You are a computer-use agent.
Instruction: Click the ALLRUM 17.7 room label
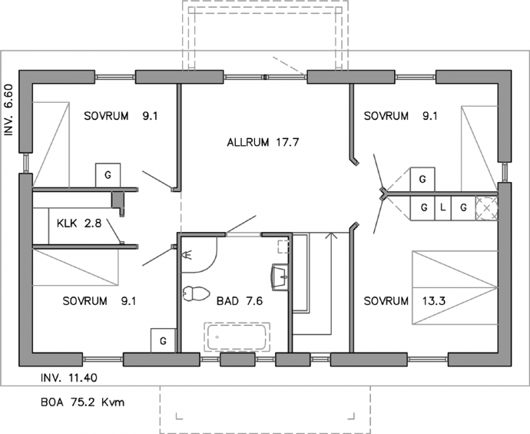coord(263,142)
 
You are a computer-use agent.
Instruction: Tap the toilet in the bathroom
coord(195,294)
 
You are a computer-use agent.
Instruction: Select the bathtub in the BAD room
coord(237,337)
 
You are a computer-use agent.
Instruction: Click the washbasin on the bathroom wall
coord(280,277)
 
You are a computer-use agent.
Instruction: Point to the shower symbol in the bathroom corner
coord(187,254)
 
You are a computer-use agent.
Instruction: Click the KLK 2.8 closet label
coord(79,223)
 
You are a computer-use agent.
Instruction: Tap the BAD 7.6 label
coord(239,301)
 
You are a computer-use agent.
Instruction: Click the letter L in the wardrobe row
coord(443,207)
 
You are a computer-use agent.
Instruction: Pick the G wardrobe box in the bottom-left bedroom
coord(163,341)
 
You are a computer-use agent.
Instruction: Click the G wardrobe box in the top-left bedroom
coord(108,175)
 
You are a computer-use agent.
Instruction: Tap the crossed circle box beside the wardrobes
coord(486,208)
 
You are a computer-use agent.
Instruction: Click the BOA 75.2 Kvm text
coord(82,402)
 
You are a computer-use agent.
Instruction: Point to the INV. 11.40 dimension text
coord(69,378)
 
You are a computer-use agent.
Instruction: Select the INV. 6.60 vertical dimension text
coord(9,109)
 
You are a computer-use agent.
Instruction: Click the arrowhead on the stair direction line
coord(331,235)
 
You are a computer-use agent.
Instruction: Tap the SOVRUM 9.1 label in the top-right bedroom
coord(401,116)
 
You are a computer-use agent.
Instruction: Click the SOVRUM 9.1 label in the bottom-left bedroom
coord(99,301)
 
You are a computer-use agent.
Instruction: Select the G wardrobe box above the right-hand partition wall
coord(423,179)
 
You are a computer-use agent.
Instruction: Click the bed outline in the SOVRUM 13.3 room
coord(454,288)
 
